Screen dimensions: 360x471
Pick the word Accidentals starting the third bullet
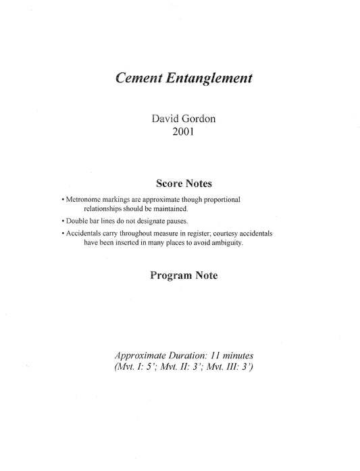coord(80,233)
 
